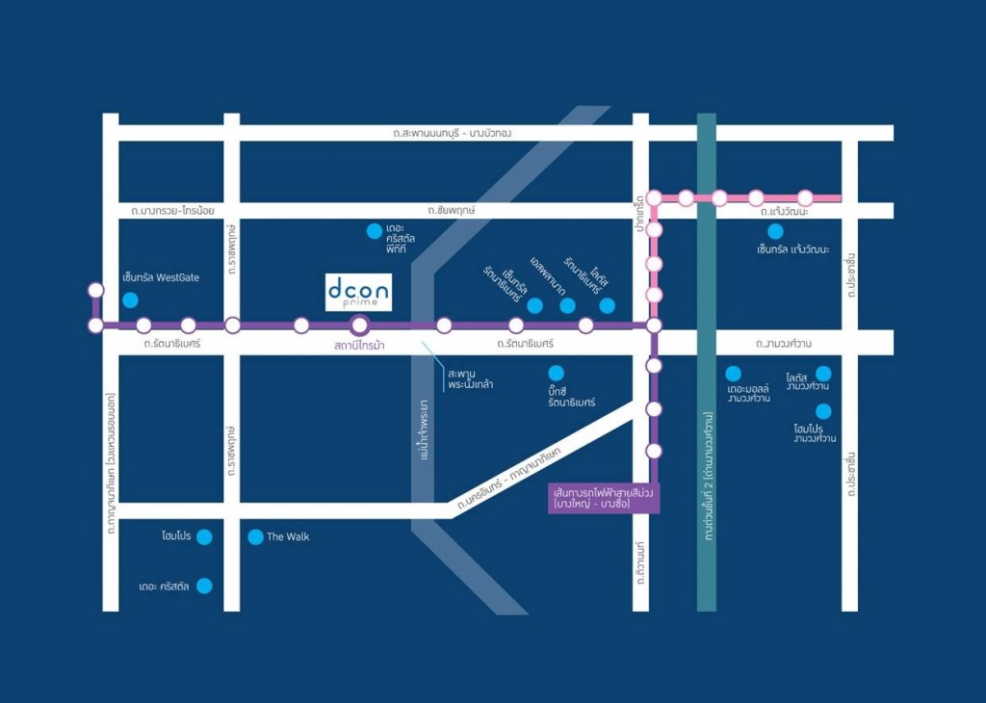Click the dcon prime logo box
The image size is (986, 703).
coord(358,292)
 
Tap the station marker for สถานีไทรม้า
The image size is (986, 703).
coord(359,325)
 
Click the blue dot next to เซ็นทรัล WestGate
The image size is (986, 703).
coord(130,299)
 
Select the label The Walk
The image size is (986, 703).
coord(288,537)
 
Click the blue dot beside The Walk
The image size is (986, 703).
coord(255,537)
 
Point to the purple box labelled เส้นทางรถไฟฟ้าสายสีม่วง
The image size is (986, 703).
coord(604,498)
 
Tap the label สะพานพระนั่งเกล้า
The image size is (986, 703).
coord(471,378)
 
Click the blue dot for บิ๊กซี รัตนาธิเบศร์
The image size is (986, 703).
coord(556,373)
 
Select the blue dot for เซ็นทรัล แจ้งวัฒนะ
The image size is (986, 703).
coord(775,231)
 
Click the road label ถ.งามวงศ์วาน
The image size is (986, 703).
coord(784,343)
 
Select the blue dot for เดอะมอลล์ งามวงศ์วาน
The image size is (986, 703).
coord(733,373)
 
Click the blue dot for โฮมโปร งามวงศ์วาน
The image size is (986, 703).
coord(823,411)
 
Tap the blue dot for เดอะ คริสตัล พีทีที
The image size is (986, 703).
coord(374,230)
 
